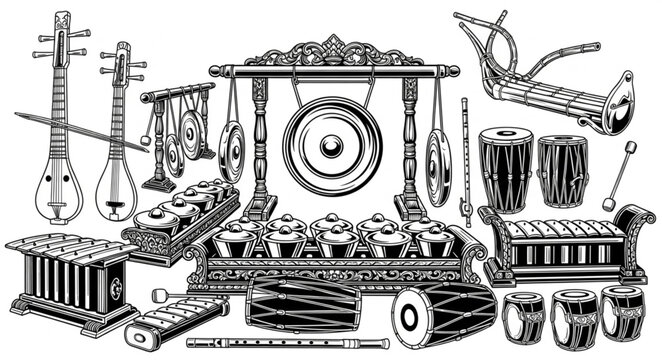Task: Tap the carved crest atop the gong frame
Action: coord(334,50)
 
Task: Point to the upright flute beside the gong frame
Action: coord(464,160)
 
